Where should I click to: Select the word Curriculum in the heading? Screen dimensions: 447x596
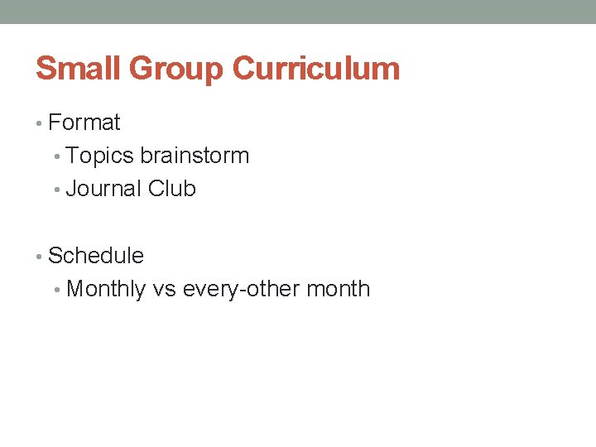[x=315, y=68]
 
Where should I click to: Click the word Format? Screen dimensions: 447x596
[x=84, y=123]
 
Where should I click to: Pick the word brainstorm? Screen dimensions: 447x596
[x=195, y=156]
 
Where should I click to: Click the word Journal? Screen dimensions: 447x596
[x=103, y=189]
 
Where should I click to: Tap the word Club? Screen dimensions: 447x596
[x=172, y=189]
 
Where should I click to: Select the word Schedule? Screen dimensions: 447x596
[x=96, y=256]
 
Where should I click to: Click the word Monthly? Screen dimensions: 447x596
[x=106, y=290]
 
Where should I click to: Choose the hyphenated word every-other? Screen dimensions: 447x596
[x=241, y=290]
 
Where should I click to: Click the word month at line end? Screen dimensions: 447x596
[x=339, y=290]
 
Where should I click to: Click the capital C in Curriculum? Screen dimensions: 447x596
[x=245, y=68]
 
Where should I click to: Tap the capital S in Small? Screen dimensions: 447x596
[x=46, y=68]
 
